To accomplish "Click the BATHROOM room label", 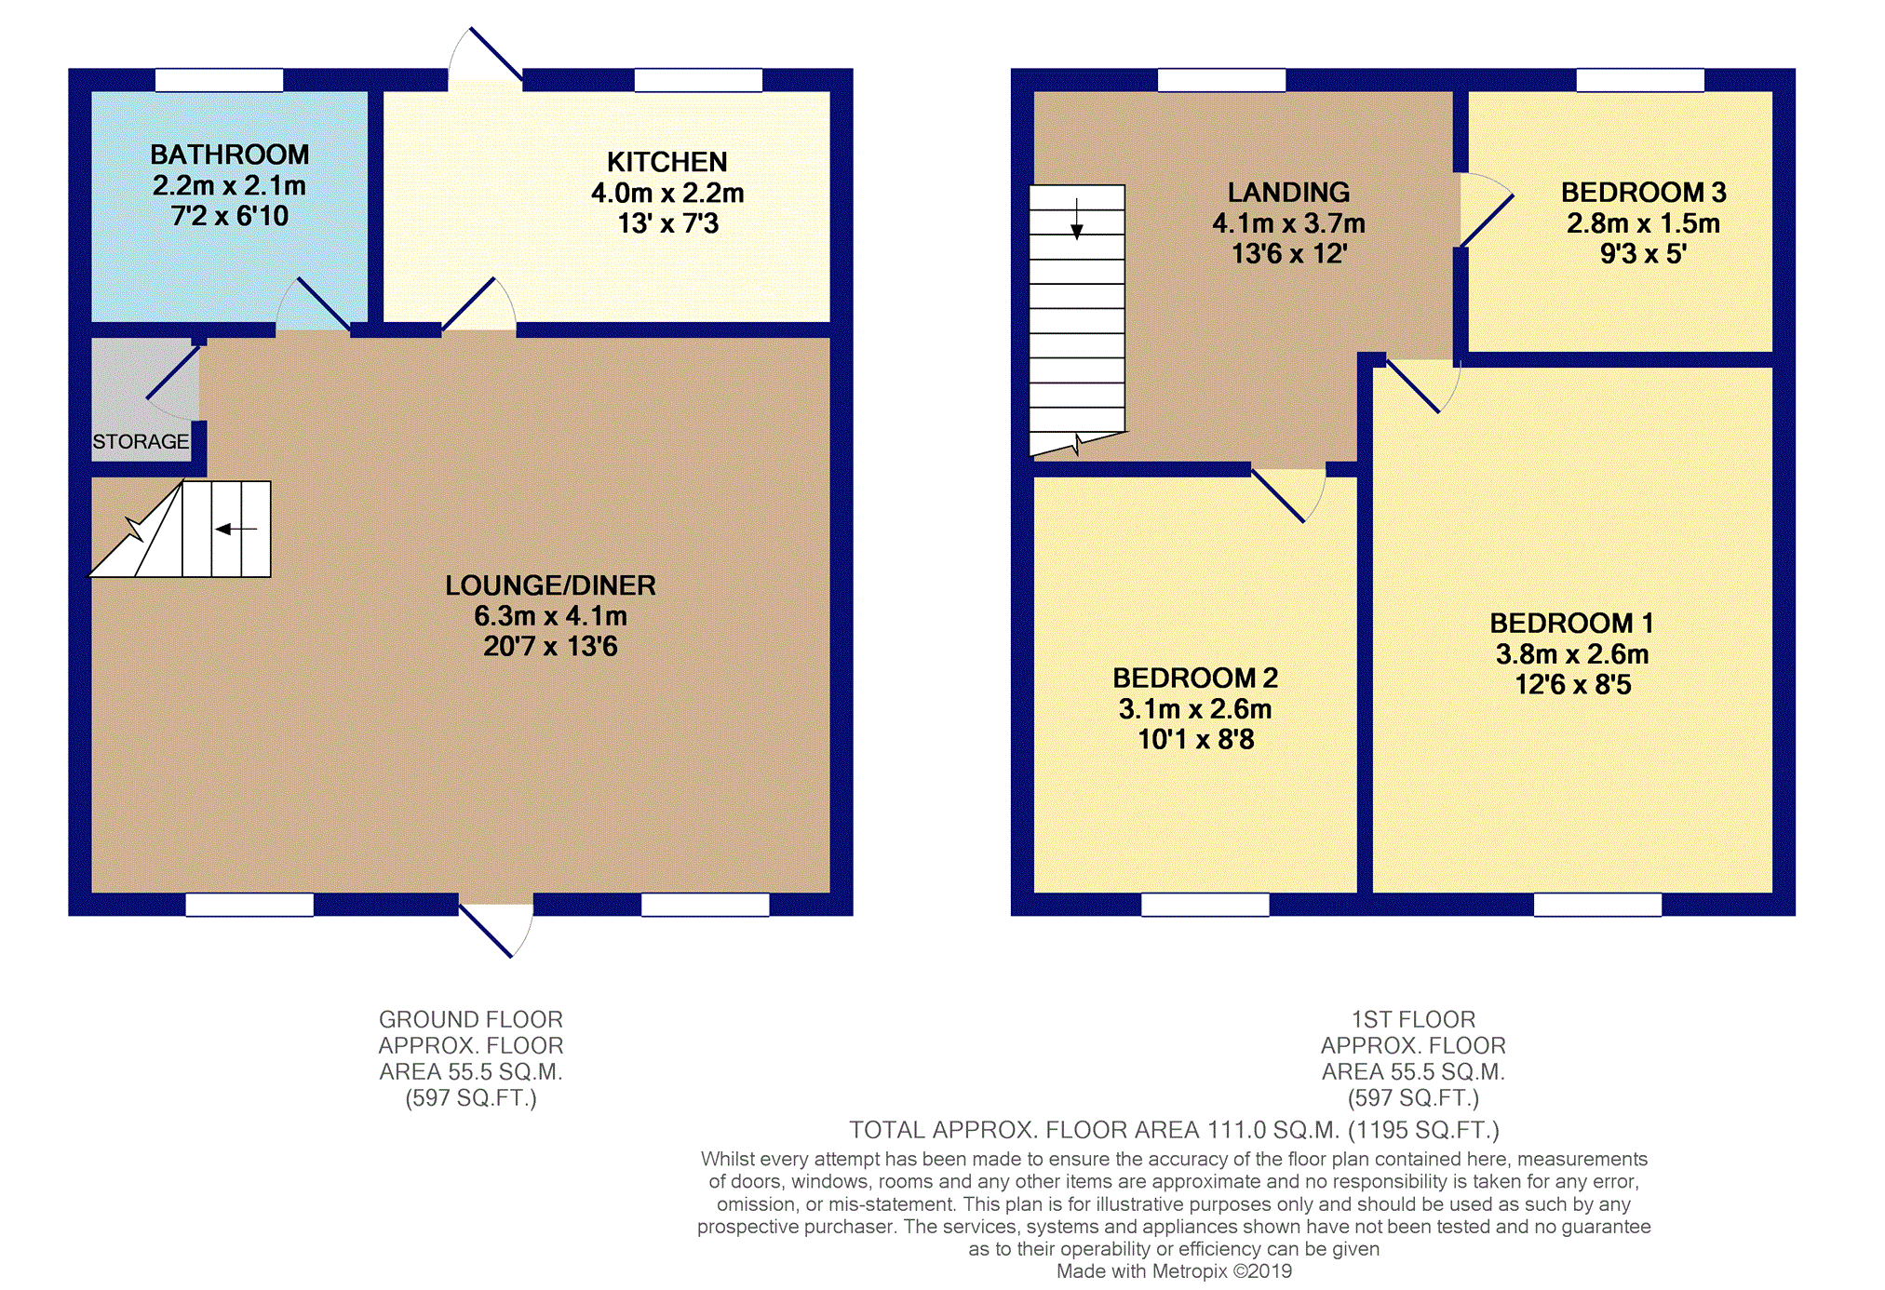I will pos(230,155).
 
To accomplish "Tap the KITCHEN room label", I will pos(666,162).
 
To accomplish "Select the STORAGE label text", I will pos(141,441).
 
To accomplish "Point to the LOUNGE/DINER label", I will pos(550,585).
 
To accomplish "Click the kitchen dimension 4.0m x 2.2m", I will pos(667,193).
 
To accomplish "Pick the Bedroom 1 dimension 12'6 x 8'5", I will pos(1572,685).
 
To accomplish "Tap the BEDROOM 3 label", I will pos(1643,193).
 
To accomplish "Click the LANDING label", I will pos(1288,193).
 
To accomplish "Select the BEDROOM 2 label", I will pos(1195,678).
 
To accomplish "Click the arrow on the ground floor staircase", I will pos(236,529).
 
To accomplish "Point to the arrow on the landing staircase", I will pos(1077,220).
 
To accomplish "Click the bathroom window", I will pos(219,80).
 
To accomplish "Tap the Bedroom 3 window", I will pos(1640,80).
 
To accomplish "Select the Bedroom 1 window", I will pos(1597,904).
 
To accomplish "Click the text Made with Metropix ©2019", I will pos(1174,1271).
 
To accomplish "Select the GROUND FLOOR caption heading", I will pos(470,1019).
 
